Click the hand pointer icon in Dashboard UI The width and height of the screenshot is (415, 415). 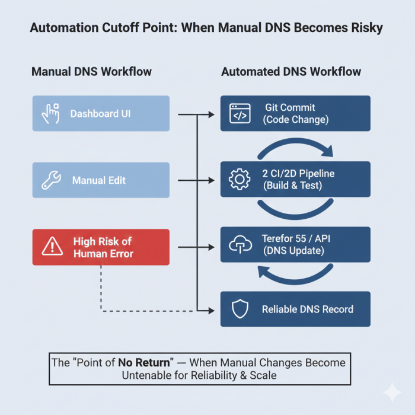[50, 113]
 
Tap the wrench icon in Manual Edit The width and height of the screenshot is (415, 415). [50, 180]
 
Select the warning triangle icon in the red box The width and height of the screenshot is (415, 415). [52, 247]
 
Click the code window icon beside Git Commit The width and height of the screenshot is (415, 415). [240, 113]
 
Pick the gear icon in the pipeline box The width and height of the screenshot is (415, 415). [240, 180]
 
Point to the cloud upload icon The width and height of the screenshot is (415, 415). [240, 244]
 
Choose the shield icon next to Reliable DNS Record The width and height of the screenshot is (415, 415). [240, 309]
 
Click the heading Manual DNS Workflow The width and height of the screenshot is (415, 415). [91, 72]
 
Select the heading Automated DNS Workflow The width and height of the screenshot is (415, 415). [291, 72]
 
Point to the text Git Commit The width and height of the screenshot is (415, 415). [290, 107]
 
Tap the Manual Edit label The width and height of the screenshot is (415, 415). [98, 180]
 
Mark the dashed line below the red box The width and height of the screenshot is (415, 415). [102, 290]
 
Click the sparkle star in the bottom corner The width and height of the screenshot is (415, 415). [391, 392]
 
